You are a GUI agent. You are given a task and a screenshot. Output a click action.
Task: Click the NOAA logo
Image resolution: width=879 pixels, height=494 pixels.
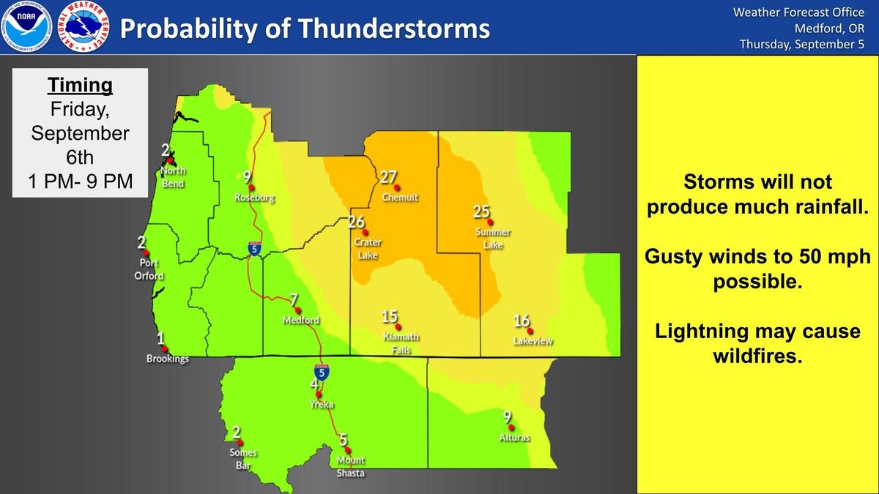tap(26, 26)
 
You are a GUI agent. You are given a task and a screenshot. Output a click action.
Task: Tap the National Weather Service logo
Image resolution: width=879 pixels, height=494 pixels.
tap(84, 26)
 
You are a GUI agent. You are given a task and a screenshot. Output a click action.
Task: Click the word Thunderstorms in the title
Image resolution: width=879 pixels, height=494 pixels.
tap(394, 29)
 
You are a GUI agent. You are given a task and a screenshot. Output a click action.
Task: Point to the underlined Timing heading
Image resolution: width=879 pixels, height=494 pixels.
tap(80, 86)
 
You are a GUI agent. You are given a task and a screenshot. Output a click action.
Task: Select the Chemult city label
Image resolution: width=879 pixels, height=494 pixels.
tap(400, 197)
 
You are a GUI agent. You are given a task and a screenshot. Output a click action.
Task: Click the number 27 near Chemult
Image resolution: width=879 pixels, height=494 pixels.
tap(388, 177)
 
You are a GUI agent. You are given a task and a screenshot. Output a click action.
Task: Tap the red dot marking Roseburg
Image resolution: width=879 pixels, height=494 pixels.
tap(251, 188)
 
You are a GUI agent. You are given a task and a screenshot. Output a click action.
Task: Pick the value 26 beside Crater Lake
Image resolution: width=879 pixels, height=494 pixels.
tap(356, 222)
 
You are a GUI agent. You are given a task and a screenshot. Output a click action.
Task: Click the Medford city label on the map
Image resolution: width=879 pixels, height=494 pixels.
tap(301, 321)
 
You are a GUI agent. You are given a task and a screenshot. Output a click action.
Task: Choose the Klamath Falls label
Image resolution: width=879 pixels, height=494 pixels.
tap(401, 343)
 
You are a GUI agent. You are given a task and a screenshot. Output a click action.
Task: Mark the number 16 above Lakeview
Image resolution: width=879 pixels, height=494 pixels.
tap(522, 321)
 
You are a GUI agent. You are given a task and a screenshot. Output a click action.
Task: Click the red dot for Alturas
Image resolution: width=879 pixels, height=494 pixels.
tap(511, 427)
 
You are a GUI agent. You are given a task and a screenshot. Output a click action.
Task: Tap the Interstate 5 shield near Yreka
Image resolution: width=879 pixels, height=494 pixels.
tap(322, 373)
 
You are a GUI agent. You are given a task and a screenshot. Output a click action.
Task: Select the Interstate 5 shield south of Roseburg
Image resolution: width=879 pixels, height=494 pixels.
tap(254, 249)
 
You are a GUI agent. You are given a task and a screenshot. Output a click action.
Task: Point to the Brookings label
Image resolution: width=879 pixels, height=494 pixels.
tap(168, 359)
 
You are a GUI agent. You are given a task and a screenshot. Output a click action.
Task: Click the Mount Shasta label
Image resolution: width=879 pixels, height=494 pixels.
tap(351, 467)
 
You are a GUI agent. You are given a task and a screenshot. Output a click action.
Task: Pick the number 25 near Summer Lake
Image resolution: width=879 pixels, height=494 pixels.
tap(481, 212)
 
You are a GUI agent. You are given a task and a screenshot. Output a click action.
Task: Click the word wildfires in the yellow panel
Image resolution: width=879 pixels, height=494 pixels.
tap(757, 356)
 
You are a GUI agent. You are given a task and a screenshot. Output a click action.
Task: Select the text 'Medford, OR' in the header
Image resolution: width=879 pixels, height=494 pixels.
tap(829, 29)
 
